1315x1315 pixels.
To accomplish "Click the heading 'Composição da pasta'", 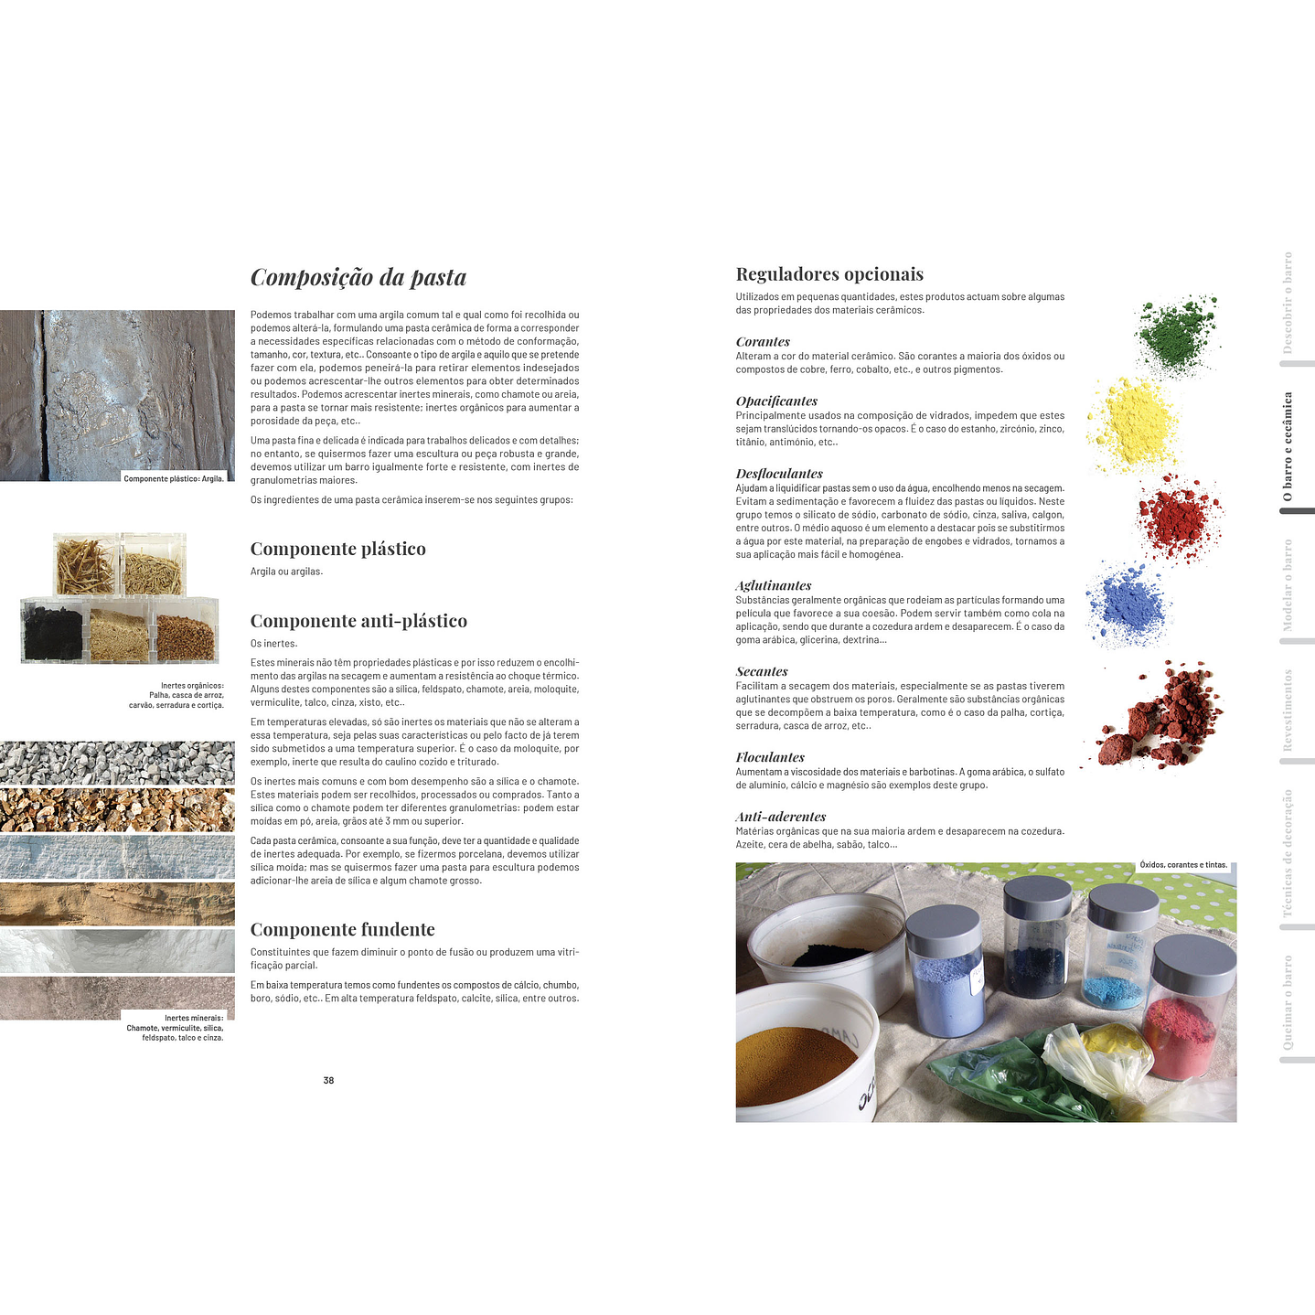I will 358,277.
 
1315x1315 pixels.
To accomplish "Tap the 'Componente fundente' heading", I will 342,929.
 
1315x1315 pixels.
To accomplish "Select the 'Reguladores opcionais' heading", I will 829,274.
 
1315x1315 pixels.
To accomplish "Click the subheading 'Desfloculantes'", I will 779,474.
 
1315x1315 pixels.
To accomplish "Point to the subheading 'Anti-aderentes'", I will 781,817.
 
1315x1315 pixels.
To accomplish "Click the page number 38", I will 328,1080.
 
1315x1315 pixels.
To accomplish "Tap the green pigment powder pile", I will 1178,333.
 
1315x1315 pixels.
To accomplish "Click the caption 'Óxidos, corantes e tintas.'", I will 1183,865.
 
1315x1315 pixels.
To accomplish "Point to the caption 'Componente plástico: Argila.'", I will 174,478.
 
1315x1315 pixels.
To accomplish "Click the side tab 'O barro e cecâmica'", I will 1288,446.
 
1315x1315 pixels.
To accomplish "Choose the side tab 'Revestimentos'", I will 1288,711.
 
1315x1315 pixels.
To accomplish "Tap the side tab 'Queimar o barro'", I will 1288,1003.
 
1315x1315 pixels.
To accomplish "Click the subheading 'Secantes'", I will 762,671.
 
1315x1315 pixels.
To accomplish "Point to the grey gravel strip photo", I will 117,762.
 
